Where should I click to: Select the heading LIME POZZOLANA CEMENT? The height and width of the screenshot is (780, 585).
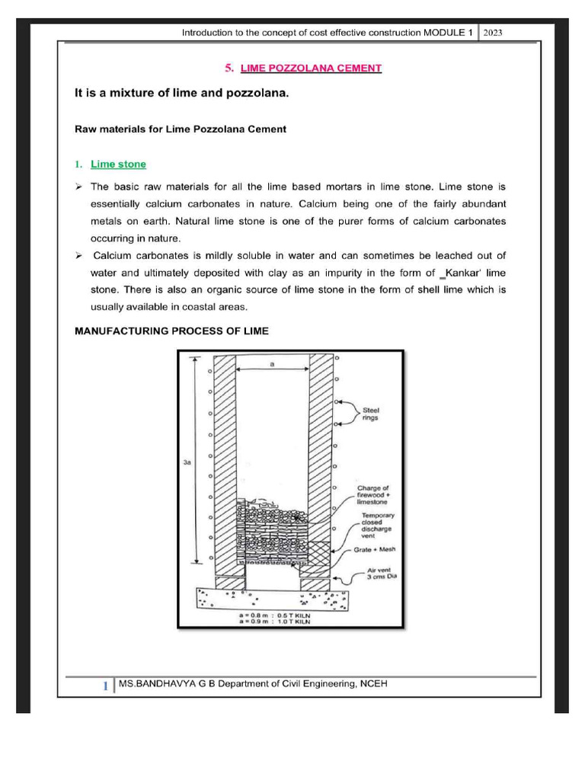tap(311, 69)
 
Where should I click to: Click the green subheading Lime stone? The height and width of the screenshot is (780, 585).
tap(118, 164)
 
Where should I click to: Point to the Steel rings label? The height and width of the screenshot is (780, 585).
tap(371, 414)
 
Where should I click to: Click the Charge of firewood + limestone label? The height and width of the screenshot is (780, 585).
tap(372, 495)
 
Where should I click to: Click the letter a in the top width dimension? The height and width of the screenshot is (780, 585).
tap(272, 365)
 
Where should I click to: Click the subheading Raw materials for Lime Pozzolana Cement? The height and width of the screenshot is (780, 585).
tap(180, 129)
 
